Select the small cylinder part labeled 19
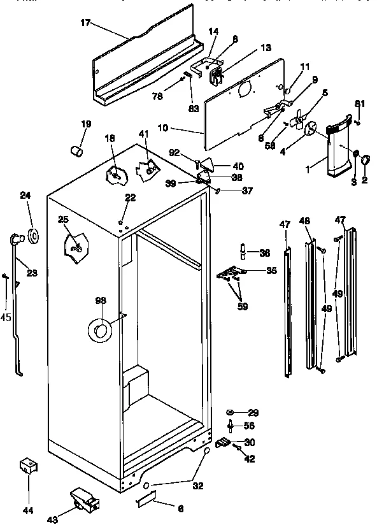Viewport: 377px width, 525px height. pyautogui.click(x=78, y=152)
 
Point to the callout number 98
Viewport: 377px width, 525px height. pyautogui.click(x=101, y=300)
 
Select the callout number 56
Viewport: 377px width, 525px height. pyautogui.click(x=250, y=426)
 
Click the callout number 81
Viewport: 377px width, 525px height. pyautogui.click(x=359, y=103)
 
